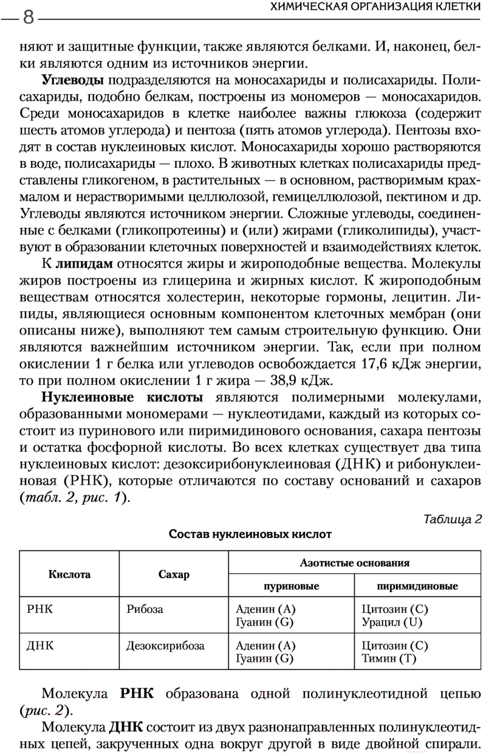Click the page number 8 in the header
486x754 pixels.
click(x=28, y=16)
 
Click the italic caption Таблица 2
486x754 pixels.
click(x=453, y=519)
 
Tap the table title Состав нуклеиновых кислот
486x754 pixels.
click(x=250, y=534)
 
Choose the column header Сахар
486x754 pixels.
click(x=174, y=575)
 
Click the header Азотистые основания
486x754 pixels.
click(x=355, y=562)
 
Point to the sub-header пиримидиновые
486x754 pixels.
click(x=417, y=586)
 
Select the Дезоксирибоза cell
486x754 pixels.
click(x=165, y=646)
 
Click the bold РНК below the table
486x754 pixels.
click(x=137, y=694)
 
